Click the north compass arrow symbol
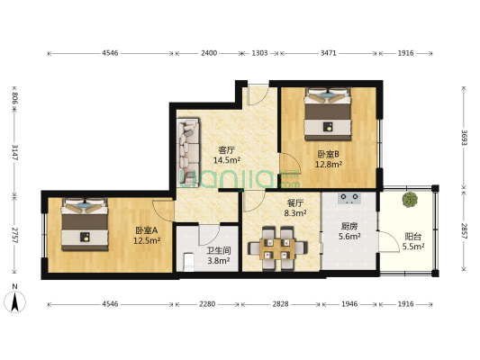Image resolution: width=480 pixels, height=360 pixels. (14, 301)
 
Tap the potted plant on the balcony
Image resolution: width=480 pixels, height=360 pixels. (410, 200)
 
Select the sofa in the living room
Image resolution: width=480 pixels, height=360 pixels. (189, 153)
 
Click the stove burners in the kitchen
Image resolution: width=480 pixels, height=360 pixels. (349, 198)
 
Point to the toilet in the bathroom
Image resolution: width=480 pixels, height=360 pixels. (188, 262)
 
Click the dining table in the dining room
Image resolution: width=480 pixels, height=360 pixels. (277, 248)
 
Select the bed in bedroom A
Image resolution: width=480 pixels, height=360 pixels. (85, 224)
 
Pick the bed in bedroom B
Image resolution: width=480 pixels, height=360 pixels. (328, 114)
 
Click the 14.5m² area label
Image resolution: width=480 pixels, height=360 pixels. (227, 160)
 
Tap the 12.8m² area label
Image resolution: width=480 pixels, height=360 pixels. (329, 165)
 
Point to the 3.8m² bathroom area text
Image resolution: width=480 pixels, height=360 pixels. (219, 261)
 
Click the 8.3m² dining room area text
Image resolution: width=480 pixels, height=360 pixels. (295, 213)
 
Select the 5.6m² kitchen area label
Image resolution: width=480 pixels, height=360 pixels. (349, 236)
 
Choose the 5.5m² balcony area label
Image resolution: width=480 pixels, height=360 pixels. (413, 247)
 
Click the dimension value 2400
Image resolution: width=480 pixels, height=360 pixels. (209, 53)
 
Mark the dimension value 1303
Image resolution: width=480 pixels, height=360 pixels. (259, 53)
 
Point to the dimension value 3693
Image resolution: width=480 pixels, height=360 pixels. (465, 139)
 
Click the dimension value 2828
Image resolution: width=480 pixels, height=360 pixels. (280, 304)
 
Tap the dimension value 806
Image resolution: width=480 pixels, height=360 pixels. (14, 98)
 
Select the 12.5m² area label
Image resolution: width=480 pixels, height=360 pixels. (147, 240)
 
